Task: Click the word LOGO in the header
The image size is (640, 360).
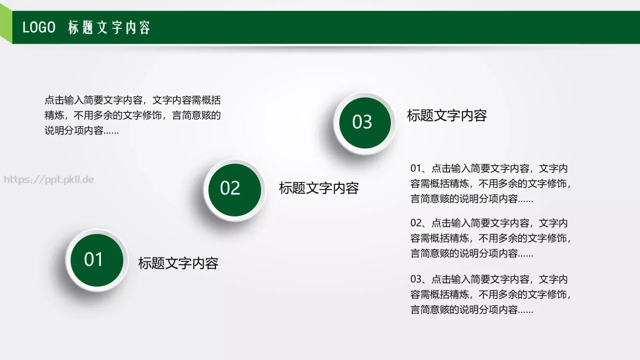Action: point(39,27)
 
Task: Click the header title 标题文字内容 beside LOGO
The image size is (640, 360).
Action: point(109,27)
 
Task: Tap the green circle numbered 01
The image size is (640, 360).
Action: point(97,260)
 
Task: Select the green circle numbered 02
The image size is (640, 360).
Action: point(235,190)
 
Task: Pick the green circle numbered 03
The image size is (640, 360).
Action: point(365,123)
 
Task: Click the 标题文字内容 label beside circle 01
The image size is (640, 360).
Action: point(178,263)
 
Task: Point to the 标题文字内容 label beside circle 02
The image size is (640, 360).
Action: point(319,188)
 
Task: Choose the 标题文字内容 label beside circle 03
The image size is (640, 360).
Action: point(447,116)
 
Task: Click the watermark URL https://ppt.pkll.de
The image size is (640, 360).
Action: point(49,180)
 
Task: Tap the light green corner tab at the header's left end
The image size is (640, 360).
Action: point(6,24)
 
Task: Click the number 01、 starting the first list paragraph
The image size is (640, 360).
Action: point(419,168)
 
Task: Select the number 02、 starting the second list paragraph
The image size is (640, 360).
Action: point(419,223)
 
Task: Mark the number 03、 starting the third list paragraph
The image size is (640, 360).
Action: point(419,279)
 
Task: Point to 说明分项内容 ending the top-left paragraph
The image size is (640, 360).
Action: point(74,130)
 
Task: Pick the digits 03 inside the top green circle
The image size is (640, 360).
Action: point(362,122)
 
